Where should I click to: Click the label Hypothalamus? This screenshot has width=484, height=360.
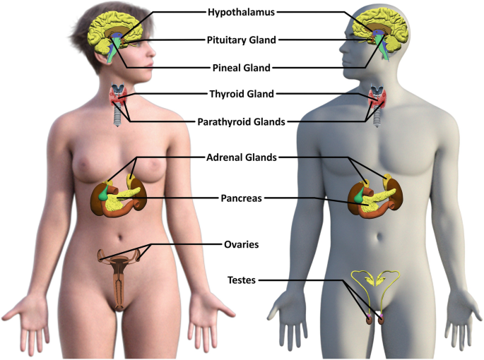click(x=241, y=12)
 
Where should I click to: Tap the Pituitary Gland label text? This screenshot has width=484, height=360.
click(x=241, y=40)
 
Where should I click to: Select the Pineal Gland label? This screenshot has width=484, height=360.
click(x=241, y=68)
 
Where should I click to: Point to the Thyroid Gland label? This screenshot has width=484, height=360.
click(x=242, y=94)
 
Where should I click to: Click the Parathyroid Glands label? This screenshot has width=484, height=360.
click(x=242, y=121)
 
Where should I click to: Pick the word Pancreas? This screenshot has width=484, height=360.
click(x=242, y=199)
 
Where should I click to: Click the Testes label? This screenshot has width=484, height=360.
click(x=242, y=280)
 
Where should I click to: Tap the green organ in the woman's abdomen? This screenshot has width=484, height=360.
click(x=107, y=191)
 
